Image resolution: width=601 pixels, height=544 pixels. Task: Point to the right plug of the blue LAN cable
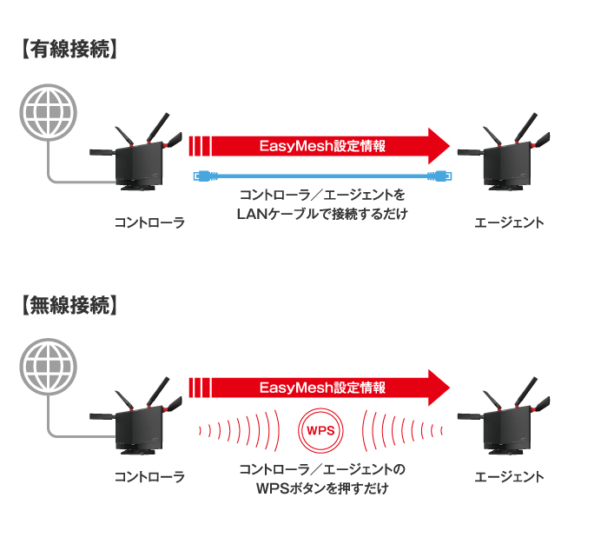click(x=439, y=176)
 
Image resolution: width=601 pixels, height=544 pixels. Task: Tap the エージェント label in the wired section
click(x=509, y=223)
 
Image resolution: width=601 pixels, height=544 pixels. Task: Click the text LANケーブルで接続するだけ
click(x=322, y=213)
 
